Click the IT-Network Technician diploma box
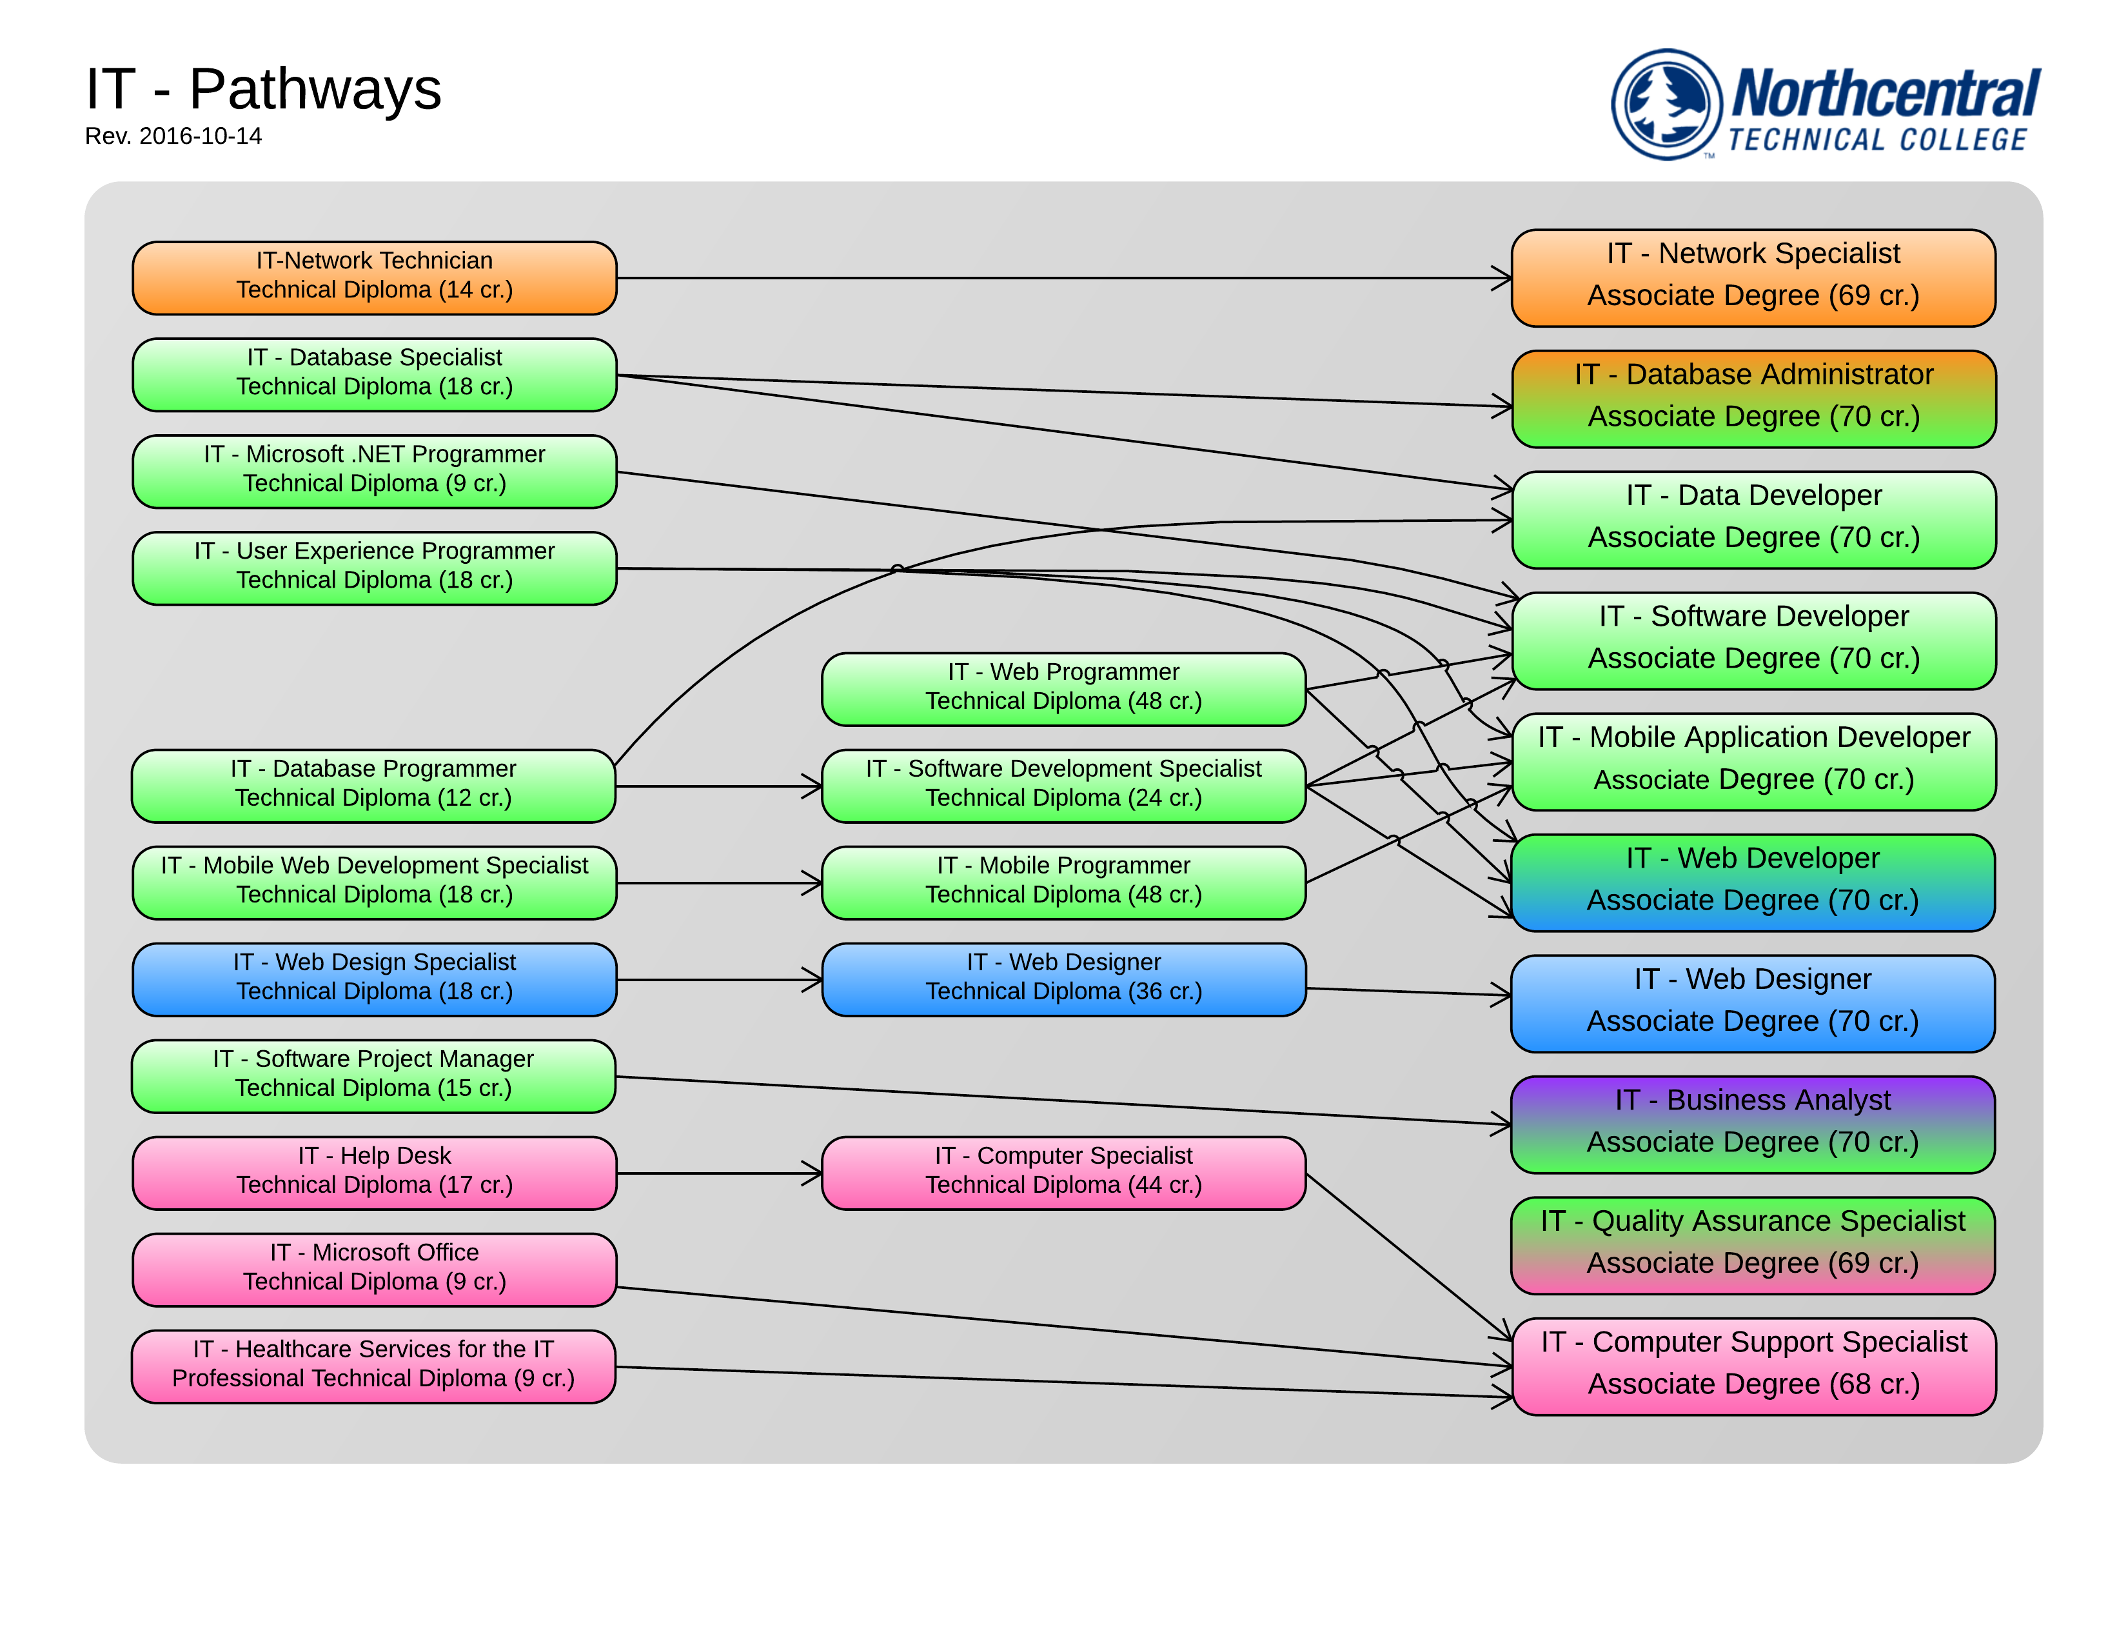click(374, 278)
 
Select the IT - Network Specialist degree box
click(1753, 278)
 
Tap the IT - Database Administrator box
click(1753, 399)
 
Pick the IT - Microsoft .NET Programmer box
click(374, 472)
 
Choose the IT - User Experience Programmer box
click(374, 568)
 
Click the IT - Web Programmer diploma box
click(1063, 689)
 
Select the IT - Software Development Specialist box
click(1063, 786)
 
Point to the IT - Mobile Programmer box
click(1063, 882)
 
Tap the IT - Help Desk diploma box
click(374, 1172)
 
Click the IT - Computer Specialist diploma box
click(1063, 1172)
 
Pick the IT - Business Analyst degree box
click(1752, 1124)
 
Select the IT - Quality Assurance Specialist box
click(1752, 1244)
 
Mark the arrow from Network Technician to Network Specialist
click(1062, 278)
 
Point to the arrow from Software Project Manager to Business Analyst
click(1062, 1101)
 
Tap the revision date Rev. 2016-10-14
click(173, 136)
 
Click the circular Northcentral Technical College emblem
click(1666, 105)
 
